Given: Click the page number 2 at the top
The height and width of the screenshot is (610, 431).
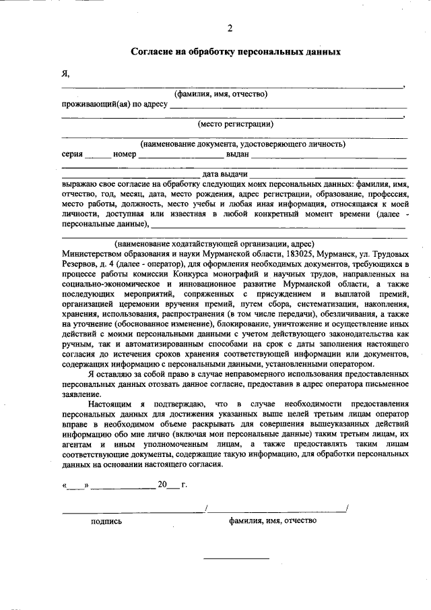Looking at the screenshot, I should pos(230,28).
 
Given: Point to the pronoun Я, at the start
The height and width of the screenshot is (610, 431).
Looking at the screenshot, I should pos(65,73).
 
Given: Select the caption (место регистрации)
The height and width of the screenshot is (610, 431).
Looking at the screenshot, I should pos(234,123).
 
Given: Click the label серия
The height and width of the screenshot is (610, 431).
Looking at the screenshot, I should pos(72,154).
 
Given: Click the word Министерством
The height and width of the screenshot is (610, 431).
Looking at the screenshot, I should pos(93,254).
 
